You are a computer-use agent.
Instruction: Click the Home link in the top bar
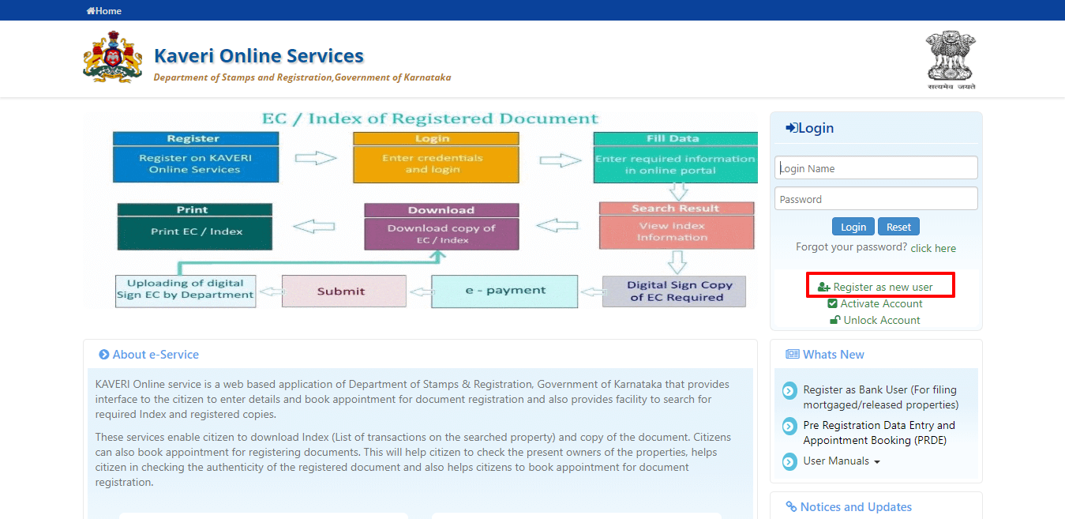pyautogui.click(x=104, y=11)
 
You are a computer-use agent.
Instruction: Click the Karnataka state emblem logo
pyautogui.click(x=113, y=57)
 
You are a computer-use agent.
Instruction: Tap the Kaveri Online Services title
pyautogui.click(x=258, y=56)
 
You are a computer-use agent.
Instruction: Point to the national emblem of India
pyautogui.click(x=950, y=59)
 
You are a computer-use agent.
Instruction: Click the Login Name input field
pyautogui.click(x=876, y=168)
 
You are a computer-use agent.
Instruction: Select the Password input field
pyautogui.click(x=876, y=199)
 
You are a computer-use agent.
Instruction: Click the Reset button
pyautogui.click(x=898, y=227)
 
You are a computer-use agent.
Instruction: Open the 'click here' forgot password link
pyautogui.click(x=932, y=248)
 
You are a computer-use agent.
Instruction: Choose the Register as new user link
pyautogui.click(x=882, y=287)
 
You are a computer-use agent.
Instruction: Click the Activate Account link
pyautogui.click(x=880, y=303)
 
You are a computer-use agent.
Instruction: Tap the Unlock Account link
pyautogui.click(x=880, y=320)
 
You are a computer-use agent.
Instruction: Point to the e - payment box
pyautogui.click(x=504, y=291)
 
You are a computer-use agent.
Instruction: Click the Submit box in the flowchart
pyautogui.click(x=343, y=291)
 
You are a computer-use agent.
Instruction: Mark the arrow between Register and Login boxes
pyautogui.click(x=316, y=158)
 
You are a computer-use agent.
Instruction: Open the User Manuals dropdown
pyautogui.click(x=841, y=461)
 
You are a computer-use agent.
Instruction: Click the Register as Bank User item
pyautogui.click(x=879, y=397)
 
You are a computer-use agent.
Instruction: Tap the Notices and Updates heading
pyautogui.click(x=855, y=507)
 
